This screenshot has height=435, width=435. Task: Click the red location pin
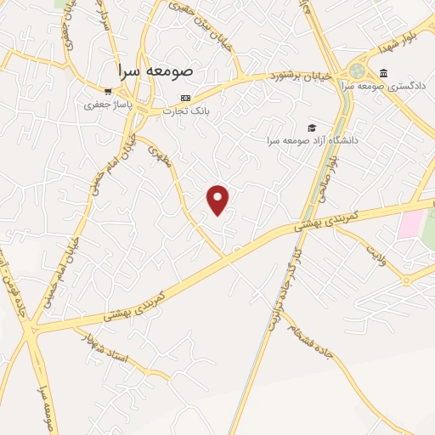point(218,199)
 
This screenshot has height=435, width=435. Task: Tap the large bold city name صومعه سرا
point(156,72)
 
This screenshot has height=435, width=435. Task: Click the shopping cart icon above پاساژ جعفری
point(107,91)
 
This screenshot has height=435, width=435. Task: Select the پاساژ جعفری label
point(103,106)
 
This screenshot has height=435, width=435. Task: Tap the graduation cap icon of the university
point(312,127)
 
